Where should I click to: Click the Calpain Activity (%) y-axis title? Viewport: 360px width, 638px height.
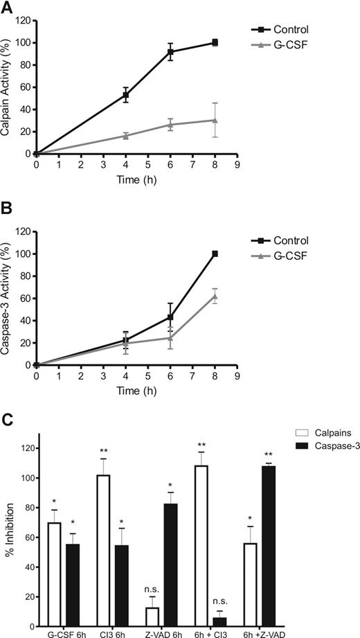pos(8,86)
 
